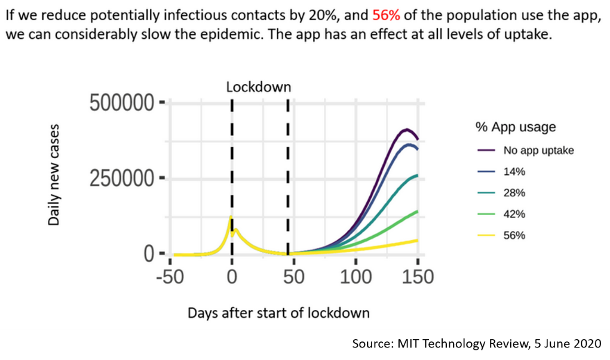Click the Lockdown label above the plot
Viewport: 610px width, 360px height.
(x=259, y=87)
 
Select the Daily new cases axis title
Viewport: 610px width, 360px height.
(x=54, y=174)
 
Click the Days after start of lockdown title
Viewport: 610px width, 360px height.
(x=278, y=313)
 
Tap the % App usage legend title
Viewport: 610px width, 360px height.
(x=516, y=127)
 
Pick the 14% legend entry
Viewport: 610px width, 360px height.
(x=514, y=172)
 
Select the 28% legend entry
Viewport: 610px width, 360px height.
(x=514, y=193)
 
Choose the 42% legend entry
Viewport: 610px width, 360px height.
(x=514, y=214)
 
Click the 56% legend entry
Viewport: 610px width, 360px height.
(x=514, y=235)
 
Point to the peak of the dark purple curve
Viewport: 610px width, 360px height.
(x=407, y=129)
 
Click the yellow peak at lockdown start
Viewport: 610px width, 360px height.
(x=231, y=218)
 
